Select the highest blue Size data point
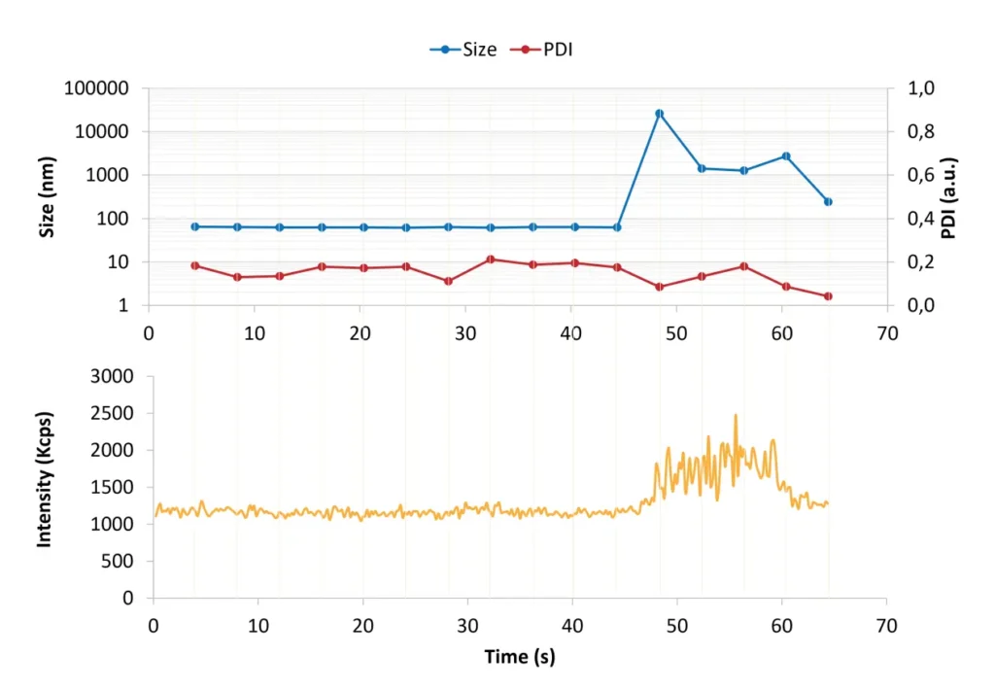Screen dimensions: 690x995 pyautogui.click(x=659, y=114)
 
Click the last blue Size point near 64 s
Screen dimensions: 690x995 pyautogui.click(x=828, y=202)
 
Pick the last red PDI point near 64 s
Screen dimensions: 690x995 pyautogui.click(x=828, y=296)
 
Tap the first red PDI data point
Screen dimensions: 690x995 pyautogui.click(x=194, y=265)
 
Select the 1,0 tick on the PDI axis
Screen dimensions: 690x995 pyautogui.click(x=919, y=88)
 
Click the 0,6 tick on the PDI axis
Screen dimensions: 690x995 pyautogui.click(x=919, y=176)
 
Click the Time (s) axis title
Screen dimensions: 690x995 pyautogui.click(x=520, y=657)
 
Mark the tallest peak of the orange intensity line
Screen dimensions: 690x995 pyautogui.click(x=736, y=415)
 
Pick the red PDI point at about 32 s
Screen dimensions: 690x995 pyautogui.click(x=491, y=259)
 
